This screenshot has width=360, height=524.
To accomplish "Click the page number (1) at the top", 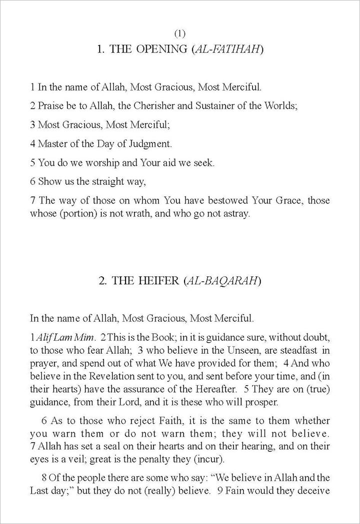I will (x=180, y=34).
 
